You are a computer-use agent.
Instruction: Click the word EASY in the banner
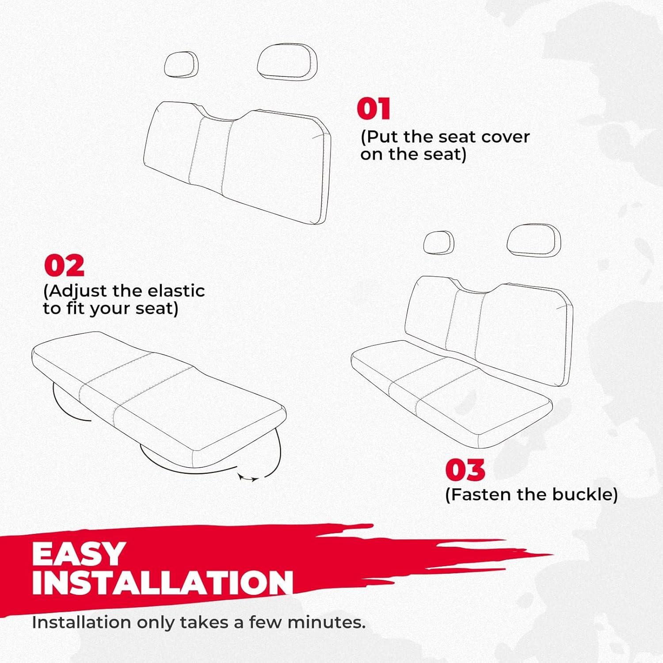pos(79,553)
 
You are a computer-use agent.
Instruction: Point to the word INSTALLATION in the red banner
pos(162,582)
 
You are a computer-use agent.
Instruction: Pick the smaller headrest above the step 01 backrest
pos(181,65)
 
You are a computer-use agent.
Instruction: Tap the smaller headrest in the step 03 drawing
pos(438,242)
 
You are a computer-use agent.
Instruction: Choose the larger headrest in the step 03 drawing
pos(533,241)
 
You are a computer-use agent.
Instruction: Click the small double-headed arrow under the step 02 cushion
pos(248,478)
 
